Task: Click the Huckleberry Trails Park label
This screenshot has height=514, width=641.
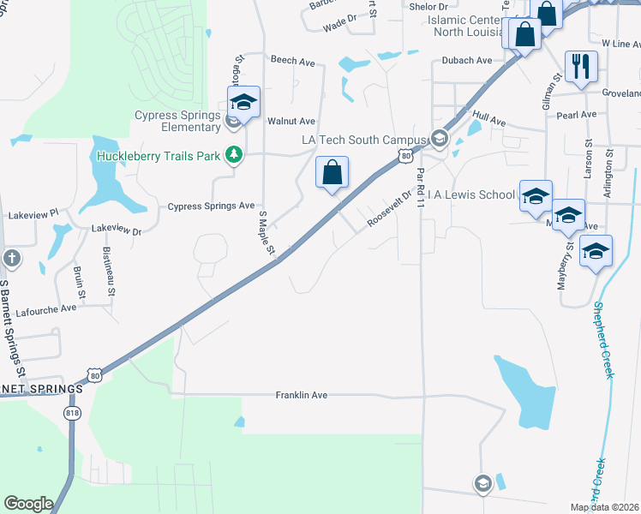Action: [x=158, y=156]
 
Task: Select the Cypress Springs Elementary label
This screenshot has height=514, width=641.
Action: [x=177, y=121]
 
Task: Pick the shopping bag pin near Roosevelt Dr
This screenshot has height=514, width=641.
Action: [x=332, y=173]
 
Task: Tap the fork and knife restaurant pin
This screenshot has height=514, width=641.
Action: [x=581, y=66]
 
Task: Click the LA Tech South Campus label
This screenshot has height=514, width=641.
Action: [x=362, y=139]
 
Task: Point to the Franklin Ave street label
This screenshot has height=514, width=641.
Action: [x=302, y=395]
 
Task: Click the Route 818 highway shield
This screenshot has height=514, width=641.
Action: [x=72, y=413]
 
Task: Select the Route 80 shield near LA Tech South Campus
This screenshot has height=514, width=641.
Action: [x=405, y=156]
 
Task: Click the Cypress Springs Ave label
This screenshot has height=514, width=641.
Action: [x=211, y=206]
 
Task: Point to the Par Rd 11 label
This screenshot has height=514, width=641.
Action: [x=420, y=188]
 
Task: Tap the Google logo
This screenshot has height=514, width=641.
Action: [x=29, y=504]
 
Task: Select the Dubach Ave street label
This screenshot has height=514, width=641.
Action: [x=466, y=61]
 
